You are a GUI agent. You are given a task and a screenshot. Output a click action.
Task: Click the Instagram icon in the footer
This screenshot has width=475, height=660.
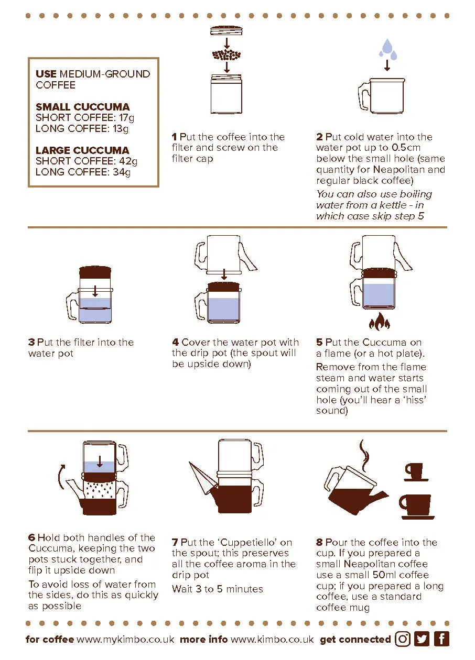click(x=402, y=639)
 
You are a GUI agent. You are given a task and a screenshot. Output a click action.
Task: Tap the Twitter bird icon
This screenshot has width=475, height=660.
click(x=422, y=639)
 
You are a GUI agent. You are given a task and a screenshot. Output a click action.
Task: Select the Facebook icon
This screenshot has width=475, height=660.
click(x=441, y=639)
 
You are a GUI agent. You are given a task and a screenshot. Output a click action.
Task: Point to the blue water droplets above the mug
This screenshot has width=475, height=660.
click(x=387, y=49)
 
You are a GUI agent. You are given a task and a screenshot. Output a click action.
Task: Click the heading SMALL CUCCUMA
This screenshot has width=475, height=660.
click(x=82, y=107)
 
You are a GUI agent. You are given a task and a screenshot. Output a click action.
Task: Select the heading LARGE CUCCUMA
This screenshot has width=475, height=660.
click(x=82, y=150)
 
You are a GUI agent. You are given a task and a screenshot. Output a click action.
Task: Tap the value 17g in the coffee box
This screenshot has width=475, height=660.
click(x=126, y=118)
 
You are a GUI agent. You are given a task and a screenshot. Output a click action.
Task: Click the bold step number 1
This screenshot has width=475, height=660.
click(x=174, y=137)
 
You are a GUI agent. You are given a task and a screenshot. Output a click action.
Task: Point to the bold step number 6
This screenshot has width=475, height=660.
click(x=32, y=537)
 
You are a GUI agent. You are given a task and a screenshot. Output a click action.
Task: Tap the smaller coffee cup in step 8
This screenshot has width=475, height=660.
click(x=415, y=472)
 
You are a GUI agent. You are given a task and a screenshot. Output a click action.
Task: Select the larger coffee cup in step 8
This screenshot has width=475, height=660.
click(x=416, y=507)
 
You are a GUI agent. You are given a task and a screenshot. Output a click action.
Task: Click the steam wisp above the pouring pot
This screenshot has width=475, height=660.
click(x=364, y=456)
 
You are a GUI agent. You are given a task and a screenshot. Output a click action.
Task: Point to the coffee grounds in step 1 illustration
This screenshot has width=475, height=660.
click(x=226, y=55)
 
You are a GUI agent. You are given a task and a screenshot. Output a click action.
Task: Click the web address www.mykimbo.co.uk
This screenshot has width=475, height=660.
click(x=125, y=640)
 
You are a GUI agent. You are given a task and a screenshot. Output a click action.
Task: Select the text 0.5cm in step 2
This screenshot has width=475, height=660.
click(x=406, y=147)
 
